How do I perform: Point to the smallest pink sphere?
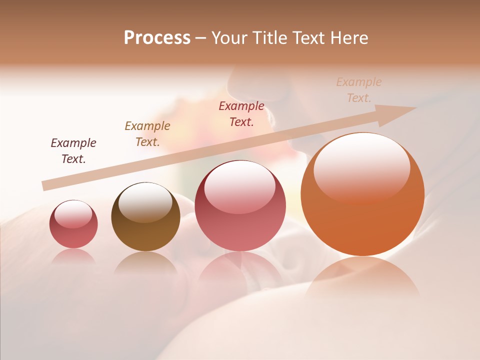point(73,224)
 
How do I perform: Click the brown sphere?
point(145,217)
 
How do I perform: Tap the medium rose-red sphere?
point(240,205)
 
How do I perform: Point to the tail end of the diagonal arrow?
point(44,185)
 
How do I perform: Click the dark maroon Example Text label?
point(73,151)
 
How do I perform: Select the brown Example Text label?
point(147,134)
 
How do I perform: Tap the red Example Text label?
point(241,114)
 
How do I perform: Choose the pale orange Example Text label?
point(359,90)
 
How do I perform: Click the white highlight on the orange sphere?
point(361,165)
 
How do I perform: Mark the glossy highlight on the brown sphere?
point(145,201)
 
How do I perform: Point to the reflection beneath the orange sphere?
point(362,277)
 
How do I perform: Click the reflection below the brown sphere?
point(145,262)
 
